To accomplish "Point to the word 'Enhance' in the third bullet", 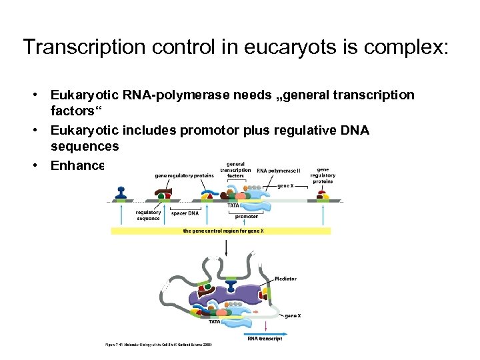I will click(77, 165).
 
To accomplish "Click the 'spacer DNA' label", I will click(185, 213).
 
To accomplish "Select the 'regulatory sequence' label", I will click(148, 215).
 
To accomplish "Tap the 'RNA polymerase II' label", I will click(278, 171).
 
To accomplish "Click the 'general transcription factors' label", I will click(235, 170).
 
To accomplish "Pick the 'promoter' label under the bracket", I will click(246, 217).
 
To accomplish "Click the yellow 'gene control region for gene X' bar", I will click(221, 231).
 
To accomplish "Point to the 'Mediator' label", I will click(285, 279).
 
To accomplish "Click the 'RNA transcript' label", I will click(265, 339).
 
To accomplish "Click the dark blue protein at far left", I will click(121, 193).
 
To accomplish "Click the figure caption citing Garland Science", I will click(159, 345).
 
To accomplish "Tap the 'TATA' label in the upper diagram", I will click(233, 206).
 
